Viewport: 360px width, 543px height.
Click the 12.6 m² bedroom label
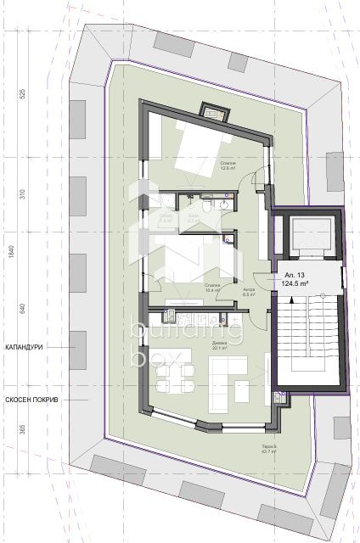tap(228, 165)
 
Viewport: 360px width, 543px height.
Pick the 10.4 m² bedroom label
tap(212, 286)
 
